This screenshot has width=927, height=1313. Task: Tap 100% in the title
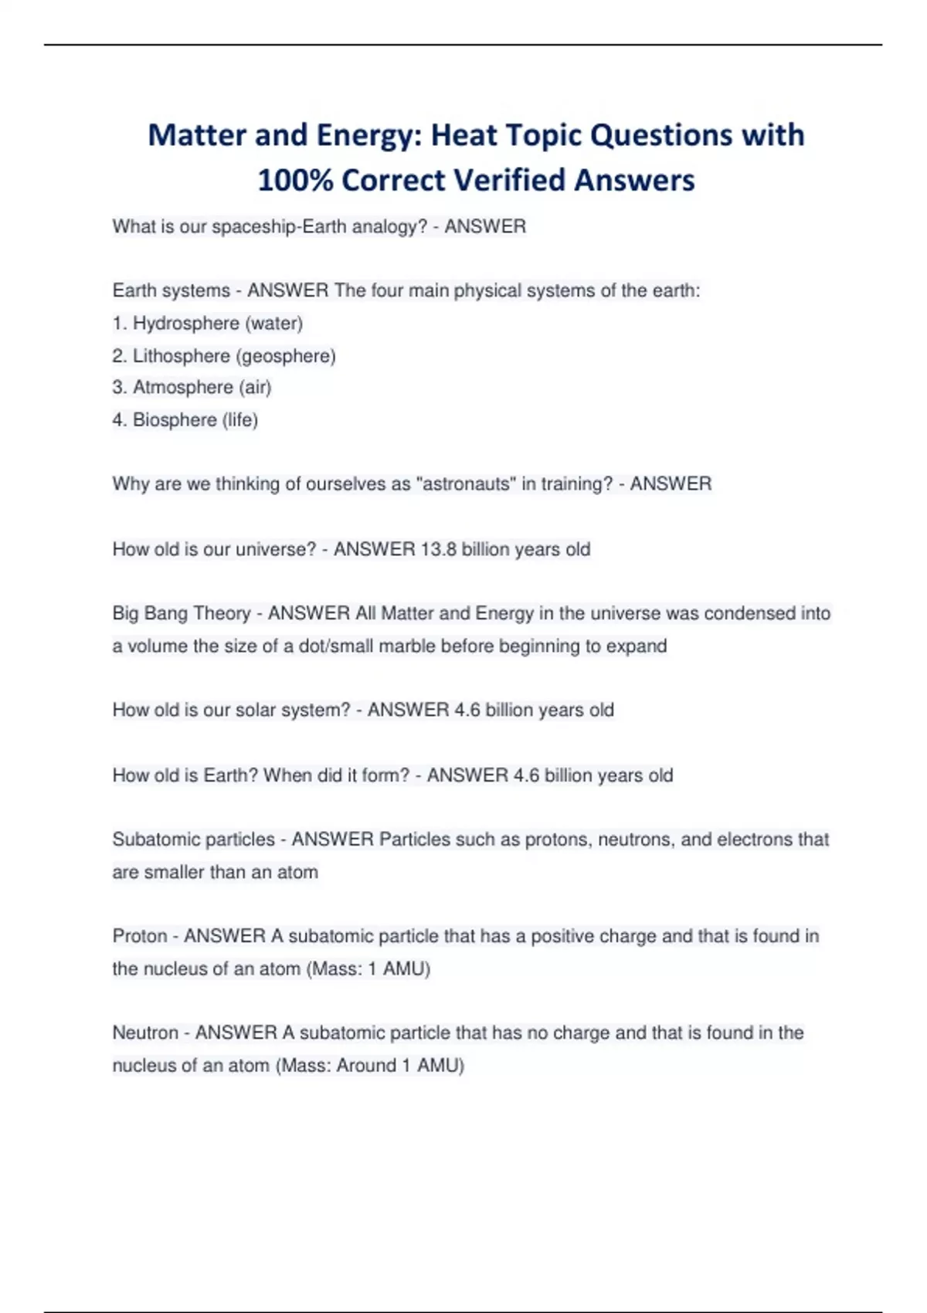tap(295, 181)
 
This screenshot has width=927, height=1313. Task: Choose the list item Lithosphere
tap(182, 356)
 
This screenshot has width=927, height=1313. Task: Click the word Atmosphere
tap(182, 387)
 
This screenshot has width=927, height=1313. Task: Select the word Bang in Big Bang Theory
tap(165, 614)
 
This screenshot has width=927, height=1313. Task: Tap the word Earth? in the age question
tap(230, 775)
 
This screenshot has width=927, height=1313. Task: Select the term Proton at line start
tap(140, 936)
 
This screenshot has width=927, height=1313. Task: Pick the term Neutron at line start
tap(145, 1033)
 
